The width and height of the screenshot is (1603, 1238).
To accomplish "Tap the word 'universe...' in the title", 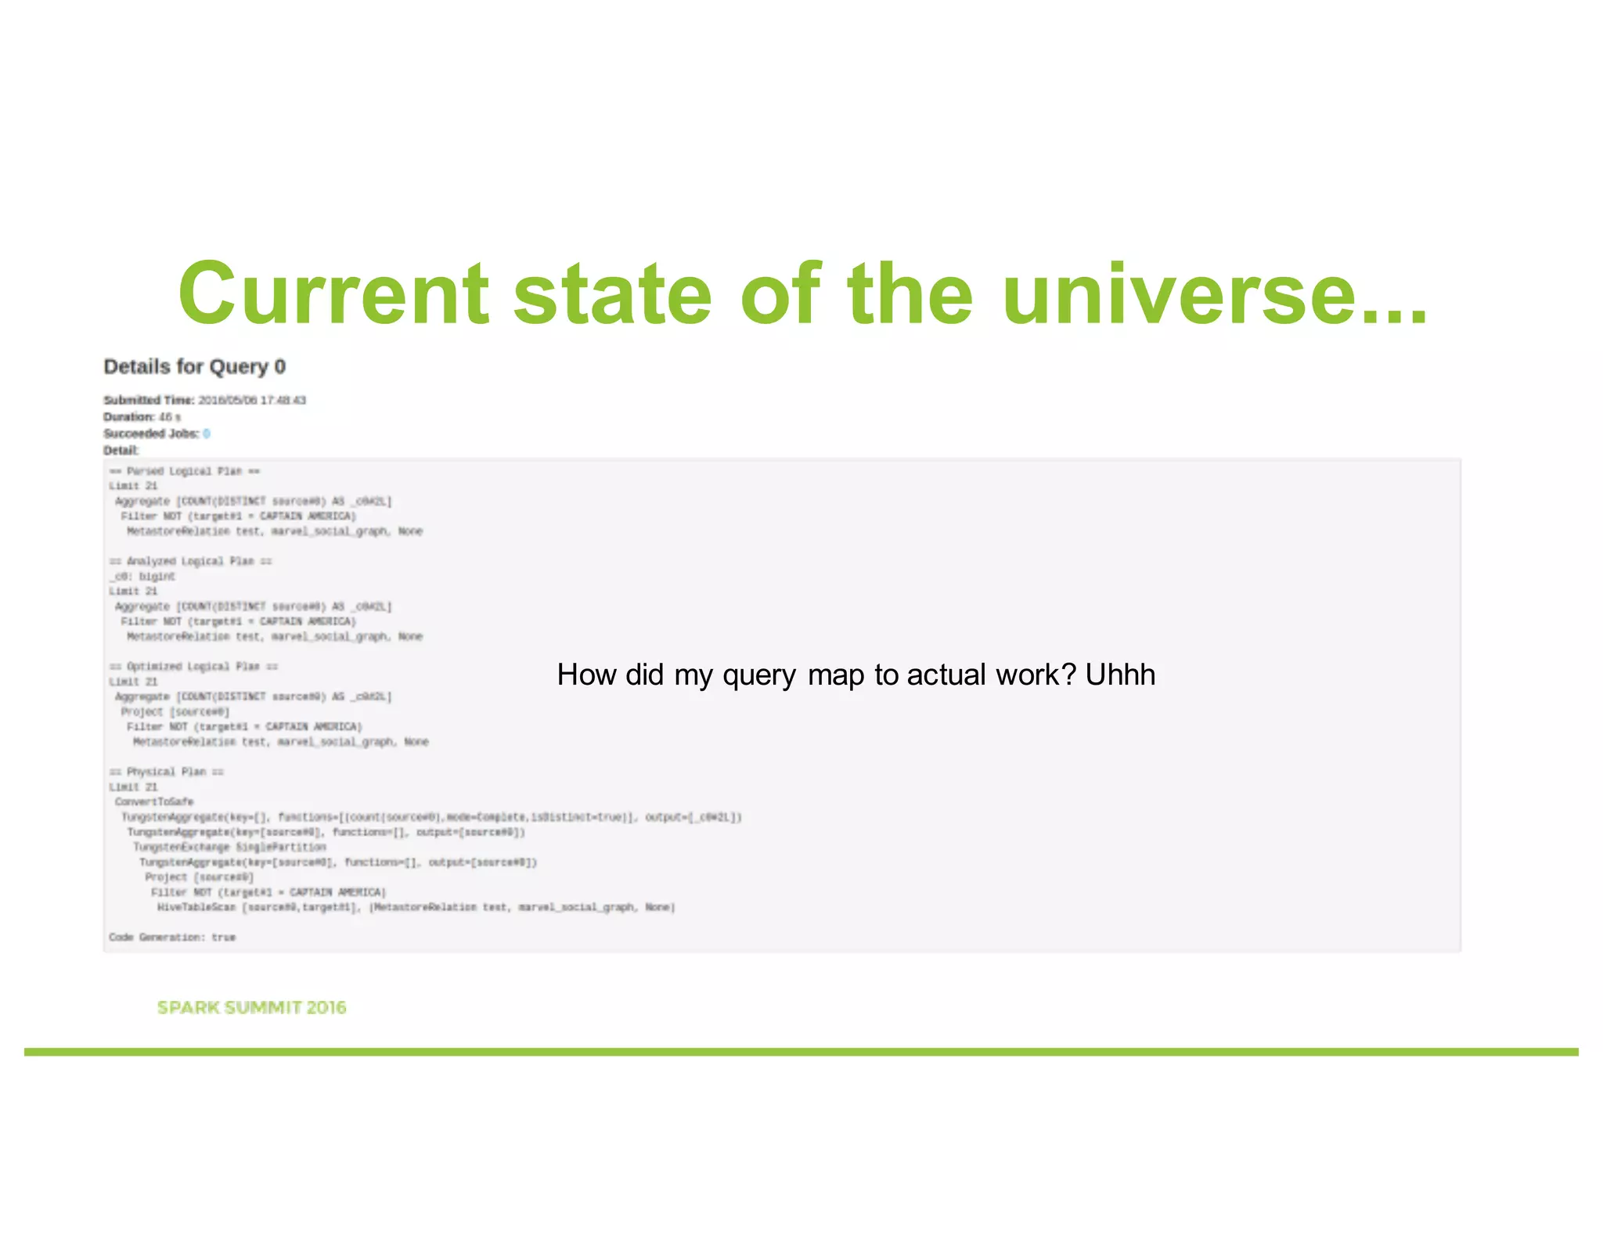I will click(x=1214, y=293).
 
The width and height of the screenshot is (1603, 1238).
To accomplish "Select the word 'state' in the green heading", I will click(x=612, y=293).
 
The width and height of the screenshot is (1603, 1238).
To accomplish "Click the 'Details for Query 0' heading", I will click(x=194, y=366).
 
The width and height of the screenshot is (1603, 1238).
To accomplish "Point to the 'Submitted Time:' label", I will click(x=149, y=400).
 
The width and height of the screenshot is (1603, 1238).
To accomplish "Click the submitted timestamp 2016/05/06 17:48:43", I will click(x=251, y=400).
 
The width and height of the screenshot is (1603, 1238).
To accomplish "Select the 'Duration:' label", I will click(x=129, y=417).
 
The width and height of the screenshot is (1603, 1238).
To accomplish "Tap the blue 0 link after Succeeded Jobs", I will click(x=206, y=434).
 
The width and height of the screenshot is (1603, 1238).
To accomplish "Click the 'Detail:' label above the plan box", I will click(x=121, y=450).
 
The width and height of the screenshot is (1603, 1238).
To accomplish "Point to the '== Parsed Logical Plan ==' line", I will click(x=184, y=471).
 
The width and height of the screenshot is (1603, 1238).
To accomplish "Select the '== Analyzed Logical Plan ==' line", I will click(x=190, y=561).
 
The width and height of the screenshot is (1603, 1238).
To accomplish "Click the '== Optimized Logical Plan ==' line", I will click(x=193, y=667).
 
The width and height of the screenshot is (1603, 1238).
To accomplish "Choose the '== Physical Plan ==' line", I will click(x=166, y=772).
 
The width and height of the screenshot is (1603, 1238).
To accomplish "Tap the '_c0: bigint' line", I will click(x=142, y=577).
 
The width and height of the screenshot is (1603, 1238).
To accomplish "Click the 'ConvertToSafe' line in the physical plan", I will click(x=153, y=802).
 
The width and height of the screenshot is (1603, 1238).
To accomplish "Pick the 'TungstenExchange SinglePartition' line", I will click(x=229, y=848).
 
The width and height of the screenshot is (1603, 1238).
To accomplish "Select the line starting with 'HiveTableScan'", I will click(x=415, y=908).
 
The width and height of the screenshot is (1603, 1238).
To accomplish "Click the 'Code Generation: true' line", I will click(x=172, y=937).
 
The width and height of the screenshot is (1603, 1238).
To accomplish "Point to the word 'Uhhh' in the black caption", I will click(x=1120, y=675).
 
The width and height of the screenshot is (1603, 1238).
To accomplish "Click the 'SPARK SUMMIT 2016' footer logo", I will click(x=251, y=1007).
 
